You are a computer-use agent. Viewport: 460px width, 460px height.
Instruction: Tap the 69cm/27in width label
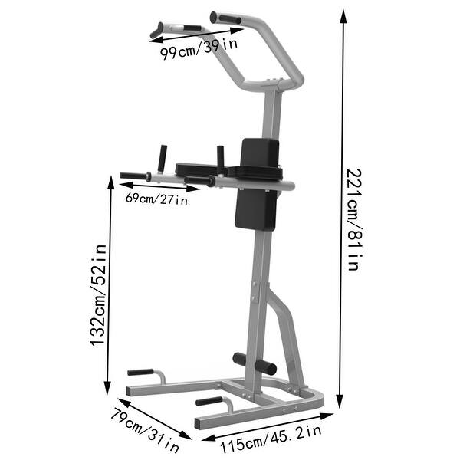(x=156, y=200)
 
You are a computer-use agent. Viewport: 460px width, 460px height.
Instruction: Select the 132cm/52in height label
(x=97, y=295)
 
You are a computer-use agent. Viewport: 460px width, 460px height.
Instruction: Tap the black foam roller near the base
(x=255, y=363)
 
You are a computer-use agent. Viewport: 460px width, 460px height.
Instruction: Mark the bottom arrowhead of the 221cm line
(x=341, y=404)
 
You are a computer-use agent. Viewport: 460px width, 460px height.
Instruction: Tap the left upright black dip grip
(x=163, y=159)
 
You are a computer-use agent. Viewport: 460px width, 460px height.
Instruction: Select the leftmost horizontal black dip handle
(x=135, y=176)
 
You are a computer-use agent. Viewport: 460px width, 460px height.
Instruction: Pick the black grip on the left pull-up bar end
(x=158, y=30)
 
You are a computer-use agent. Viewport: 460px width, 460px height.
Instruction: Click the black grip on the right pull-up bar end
(x=225, y=17)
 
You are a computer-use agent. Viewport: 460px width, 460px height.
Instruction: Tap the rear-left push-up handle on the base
(x=141, y=372)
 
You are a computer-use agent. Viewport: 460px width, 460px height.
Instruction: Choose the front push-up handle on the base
(x=208, y=401)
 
